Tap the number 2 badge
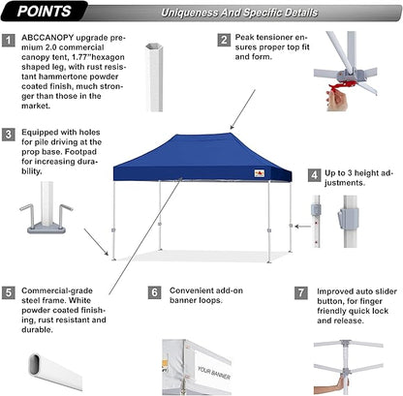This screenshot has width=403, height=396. point(224,41)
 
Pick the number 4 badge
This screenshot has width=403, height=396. point(313,175)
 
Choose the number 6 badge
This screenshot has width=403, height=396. point(155,290)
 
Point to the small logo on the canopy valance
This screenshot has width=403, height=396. point(257,173)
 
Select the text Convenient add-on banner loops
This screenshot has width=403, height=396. point(206,295)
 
